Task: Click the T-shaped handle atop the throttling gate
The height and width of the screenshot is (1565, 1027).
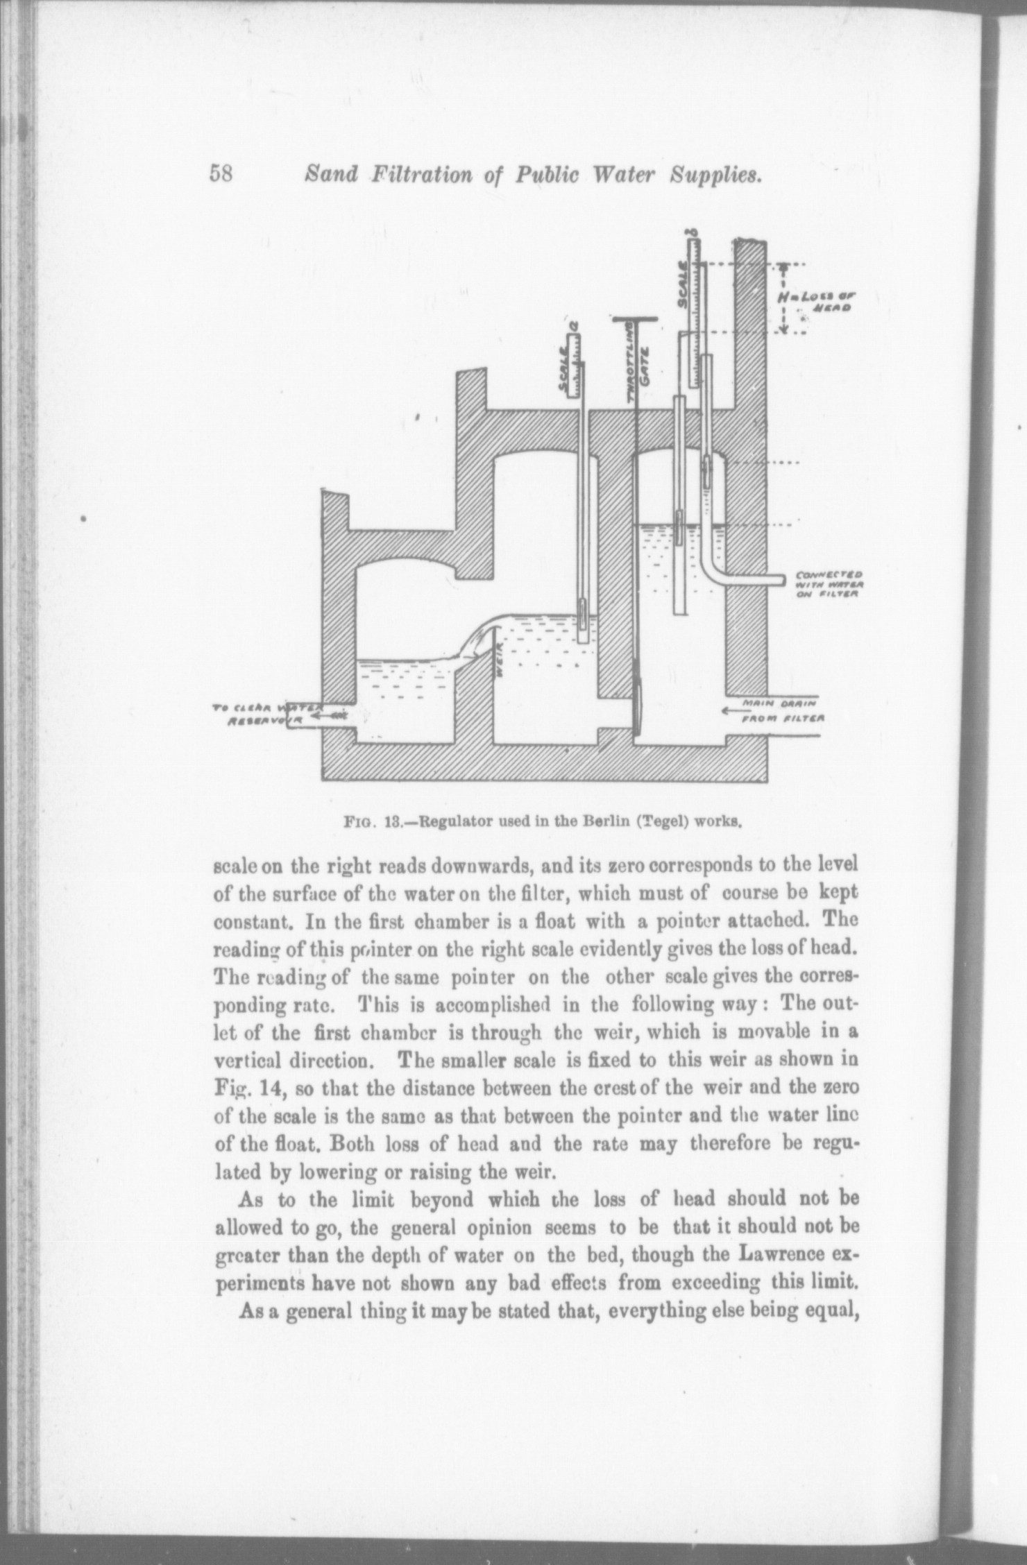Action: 634,320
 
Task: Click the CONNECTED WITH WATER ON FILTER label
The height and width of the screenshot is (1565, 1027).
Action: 829,584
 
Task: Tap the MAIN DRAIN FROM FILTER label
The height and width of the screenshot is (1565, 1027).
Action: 781,711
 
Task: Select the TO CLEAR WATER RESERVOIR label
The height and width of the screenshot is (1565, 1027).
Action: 265,714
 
